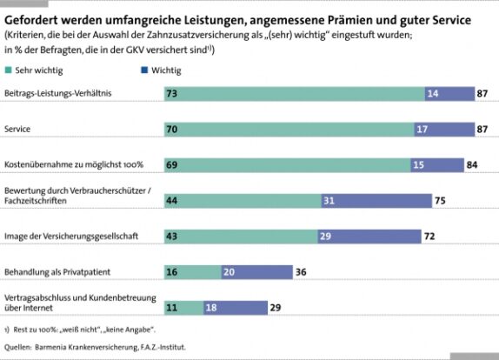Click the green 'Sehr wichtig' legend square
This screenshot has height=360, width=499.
[x=9, y=70]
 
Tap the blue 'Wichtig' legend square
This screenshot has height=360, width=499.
[x=144, y=70]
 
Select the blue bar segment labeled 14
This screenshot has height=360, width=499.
[x=449, y=94]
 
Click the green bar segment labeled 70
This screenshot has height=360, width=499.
[x=289, y=130]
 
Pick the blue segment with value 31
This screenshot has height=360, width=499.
[x=376, y=201]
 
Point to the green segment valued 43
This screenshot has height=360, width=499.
[x=241, y=237]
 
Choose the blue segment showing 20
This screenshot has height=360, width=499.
[x=256, y=272]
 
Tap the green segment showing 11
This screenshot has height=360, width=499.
[x=184, y=308]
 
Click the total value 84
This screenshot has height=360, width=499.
[x=472, y=165]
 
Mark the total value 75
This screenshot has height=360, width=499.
[x=440, y=201]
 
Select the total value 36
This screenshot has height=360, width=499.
[x=301, y=272]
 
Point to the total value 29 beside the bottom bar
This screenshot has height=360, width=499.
[x=276, y=308]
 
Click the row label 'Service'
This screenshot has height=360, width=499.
[x=17, y=129]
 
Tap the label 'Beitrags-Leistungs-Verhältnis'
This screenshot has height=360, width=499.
[x=58, y=93]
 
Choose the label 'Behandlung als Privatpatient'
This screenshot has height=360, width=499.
[x=57, y=272]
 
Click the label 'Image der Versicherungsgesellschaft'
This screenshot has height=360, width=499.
[x=71, y=237]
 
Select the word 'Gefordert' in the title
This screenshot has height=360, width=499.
[x=31, y=20]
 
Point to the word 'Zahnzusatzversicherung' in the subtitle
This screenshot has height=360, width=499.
[x=198, y=35]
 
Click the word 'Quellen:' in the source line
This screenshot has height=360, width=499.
[x=18, y=347]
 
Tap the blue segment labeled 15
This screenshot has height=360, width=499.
[x=437, y=165]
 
